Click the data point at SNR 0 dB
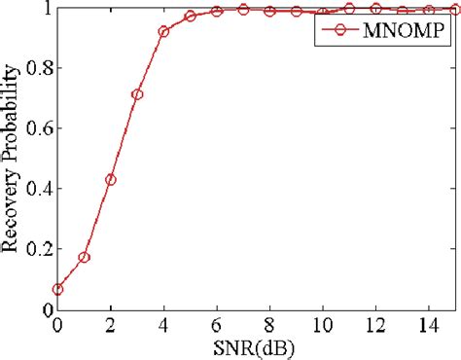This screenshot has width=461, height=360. (x=57, y=289)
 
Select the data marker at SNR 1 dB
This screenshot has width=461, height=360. (x=84, y=258)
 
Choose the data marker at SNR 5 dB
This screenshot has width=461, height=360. (x=191, y=17)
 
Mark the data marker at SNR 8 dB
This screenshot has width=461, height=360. (x=270, y=12)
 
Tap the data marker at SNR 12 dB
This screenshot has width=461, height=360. (x=376, y=9)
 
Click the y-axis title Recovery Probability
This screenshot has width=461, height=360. (x=14, y=161)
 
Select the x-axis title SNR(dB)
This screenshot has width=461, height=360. (x=257, y=347)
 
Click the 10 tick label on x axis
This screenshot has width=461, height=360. (x=323, y=325)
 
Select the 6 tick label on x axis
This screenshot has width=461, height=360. (x=217, y=325)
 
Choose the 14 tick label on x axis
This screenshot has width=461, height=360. (x=429, y=325)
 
